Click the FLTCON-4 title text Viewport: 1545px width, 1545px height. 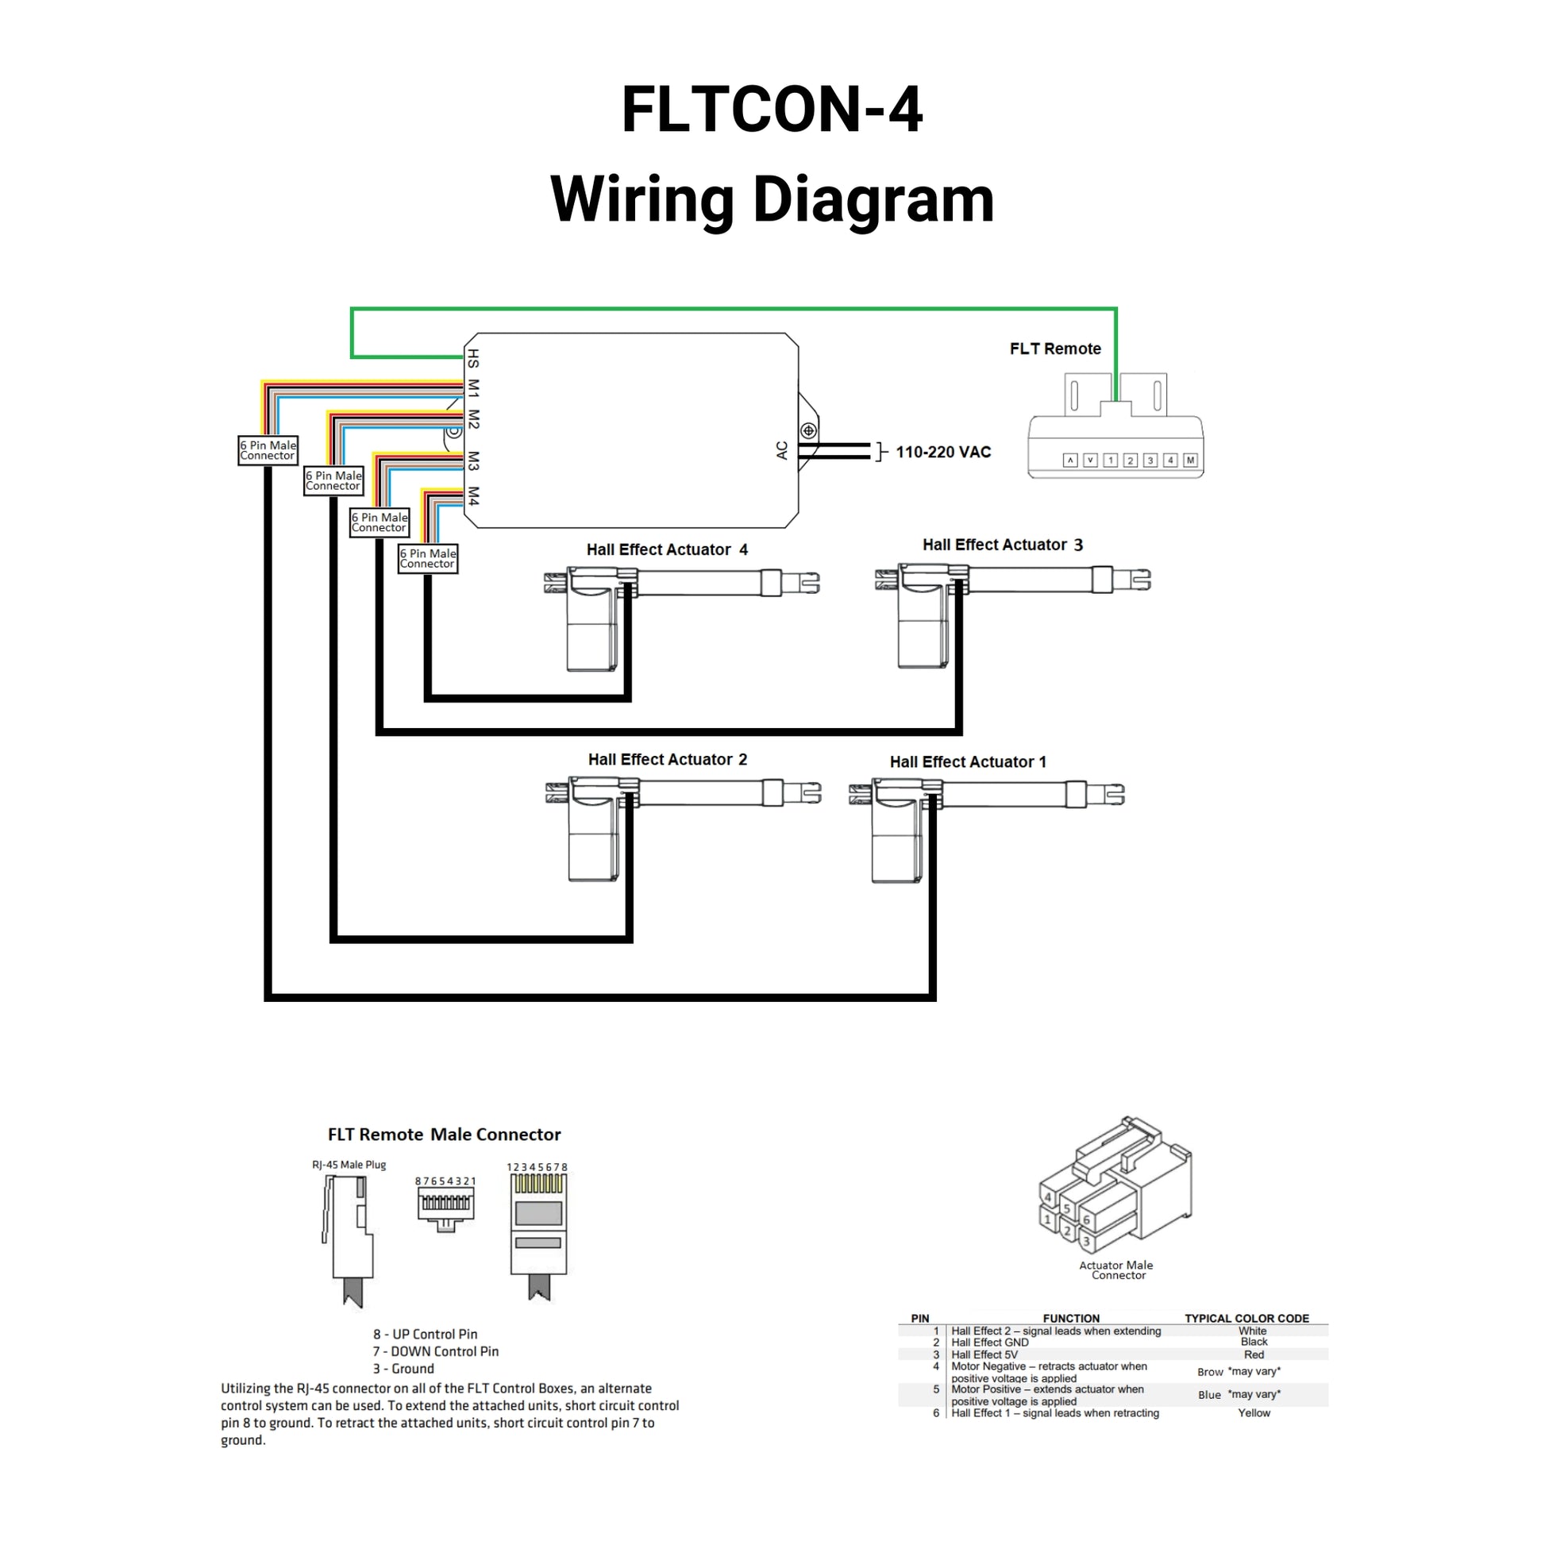(772, 110)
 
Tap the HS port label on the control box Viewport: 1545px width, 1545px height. (473, 357)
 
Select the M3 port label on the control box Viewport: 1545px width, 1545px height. (473, 460)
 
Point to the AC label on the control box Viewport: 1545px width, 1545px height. (782, 450)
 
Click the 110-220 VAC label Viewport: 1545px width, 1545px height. (943, 452)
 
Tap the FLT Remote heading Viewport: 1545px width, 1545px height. (1055, 349)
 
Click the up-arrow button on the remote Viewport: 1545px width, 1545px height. (1070, 460)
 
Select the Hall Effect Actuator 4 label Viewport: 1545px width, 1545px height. (666, 549)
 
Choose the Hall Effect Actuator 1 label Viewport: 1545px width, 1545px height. (968, 761)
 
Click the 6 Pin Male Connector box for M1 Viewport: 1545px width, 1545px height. (268, 450)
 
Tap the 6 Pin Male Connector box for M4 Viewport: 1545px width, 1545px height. (428, 558)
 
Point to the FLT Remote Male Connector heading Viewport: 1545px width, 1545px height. (444, 1134)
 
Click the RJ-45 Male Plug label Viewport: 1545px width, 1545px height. (349, 1165)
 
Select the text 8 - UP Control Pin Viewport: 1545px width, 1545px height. (425, 1334)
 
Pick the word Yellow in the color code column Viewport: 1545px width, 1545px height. (1253, 1413)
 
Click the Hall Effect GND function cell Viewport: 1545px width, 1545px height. (989, 1343)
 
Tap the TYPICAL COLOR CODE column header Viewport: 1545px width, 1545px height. (1246, 1318)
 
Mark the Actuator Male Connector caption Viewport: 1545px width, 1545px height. (1116, 1270)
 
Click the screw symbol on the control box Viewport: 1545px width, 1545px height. (809, 431)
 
